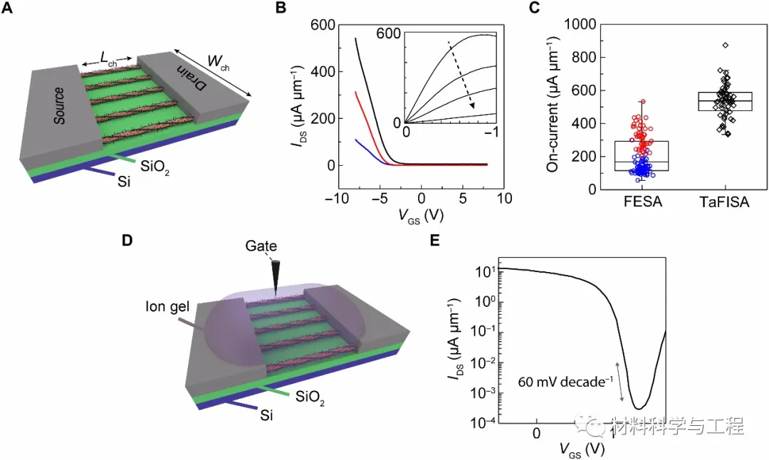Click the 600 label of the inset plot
[x=390, y=34]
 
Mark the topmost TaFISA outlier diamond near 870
[x=725, y=46]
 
